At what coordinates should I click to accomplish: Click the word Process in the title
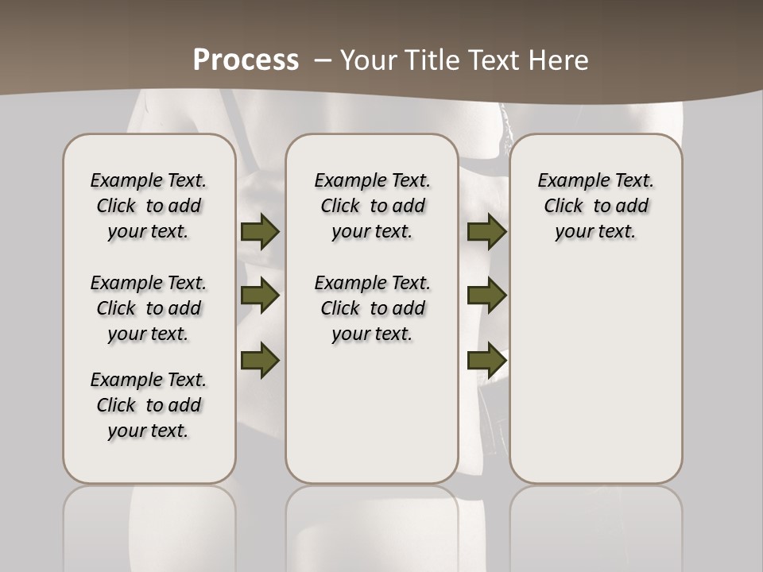pos(246,60)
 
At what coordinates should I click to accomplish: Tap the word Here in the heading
pos(557,60)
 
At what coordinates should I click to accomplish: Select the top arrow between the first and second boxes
pos(260,231)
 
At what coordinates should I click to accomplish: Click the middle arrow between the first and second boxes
pos(260,296)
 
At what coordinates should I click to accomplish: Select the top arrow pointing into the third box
pos(486,231)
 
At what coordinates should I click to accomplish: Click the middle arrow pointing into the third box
pos(486,296)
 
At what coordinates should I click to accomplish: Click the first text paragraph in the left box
pos(149,206)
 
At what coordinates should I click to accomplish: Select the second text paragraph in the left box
pos(149,308)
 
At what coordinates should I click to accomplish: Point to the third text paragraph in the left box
pos(149,405)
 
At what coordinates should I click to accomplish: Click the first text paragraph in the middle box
pos(372,206)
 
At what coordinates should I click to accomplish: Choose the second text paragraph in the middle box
pos(372,308)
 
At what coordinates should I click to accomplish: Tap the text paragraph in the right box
pos(596,206)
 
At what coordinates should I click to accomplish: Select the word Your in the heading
pos(365,60)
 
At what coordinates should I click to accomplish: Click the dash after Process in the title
pos(323,60)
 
